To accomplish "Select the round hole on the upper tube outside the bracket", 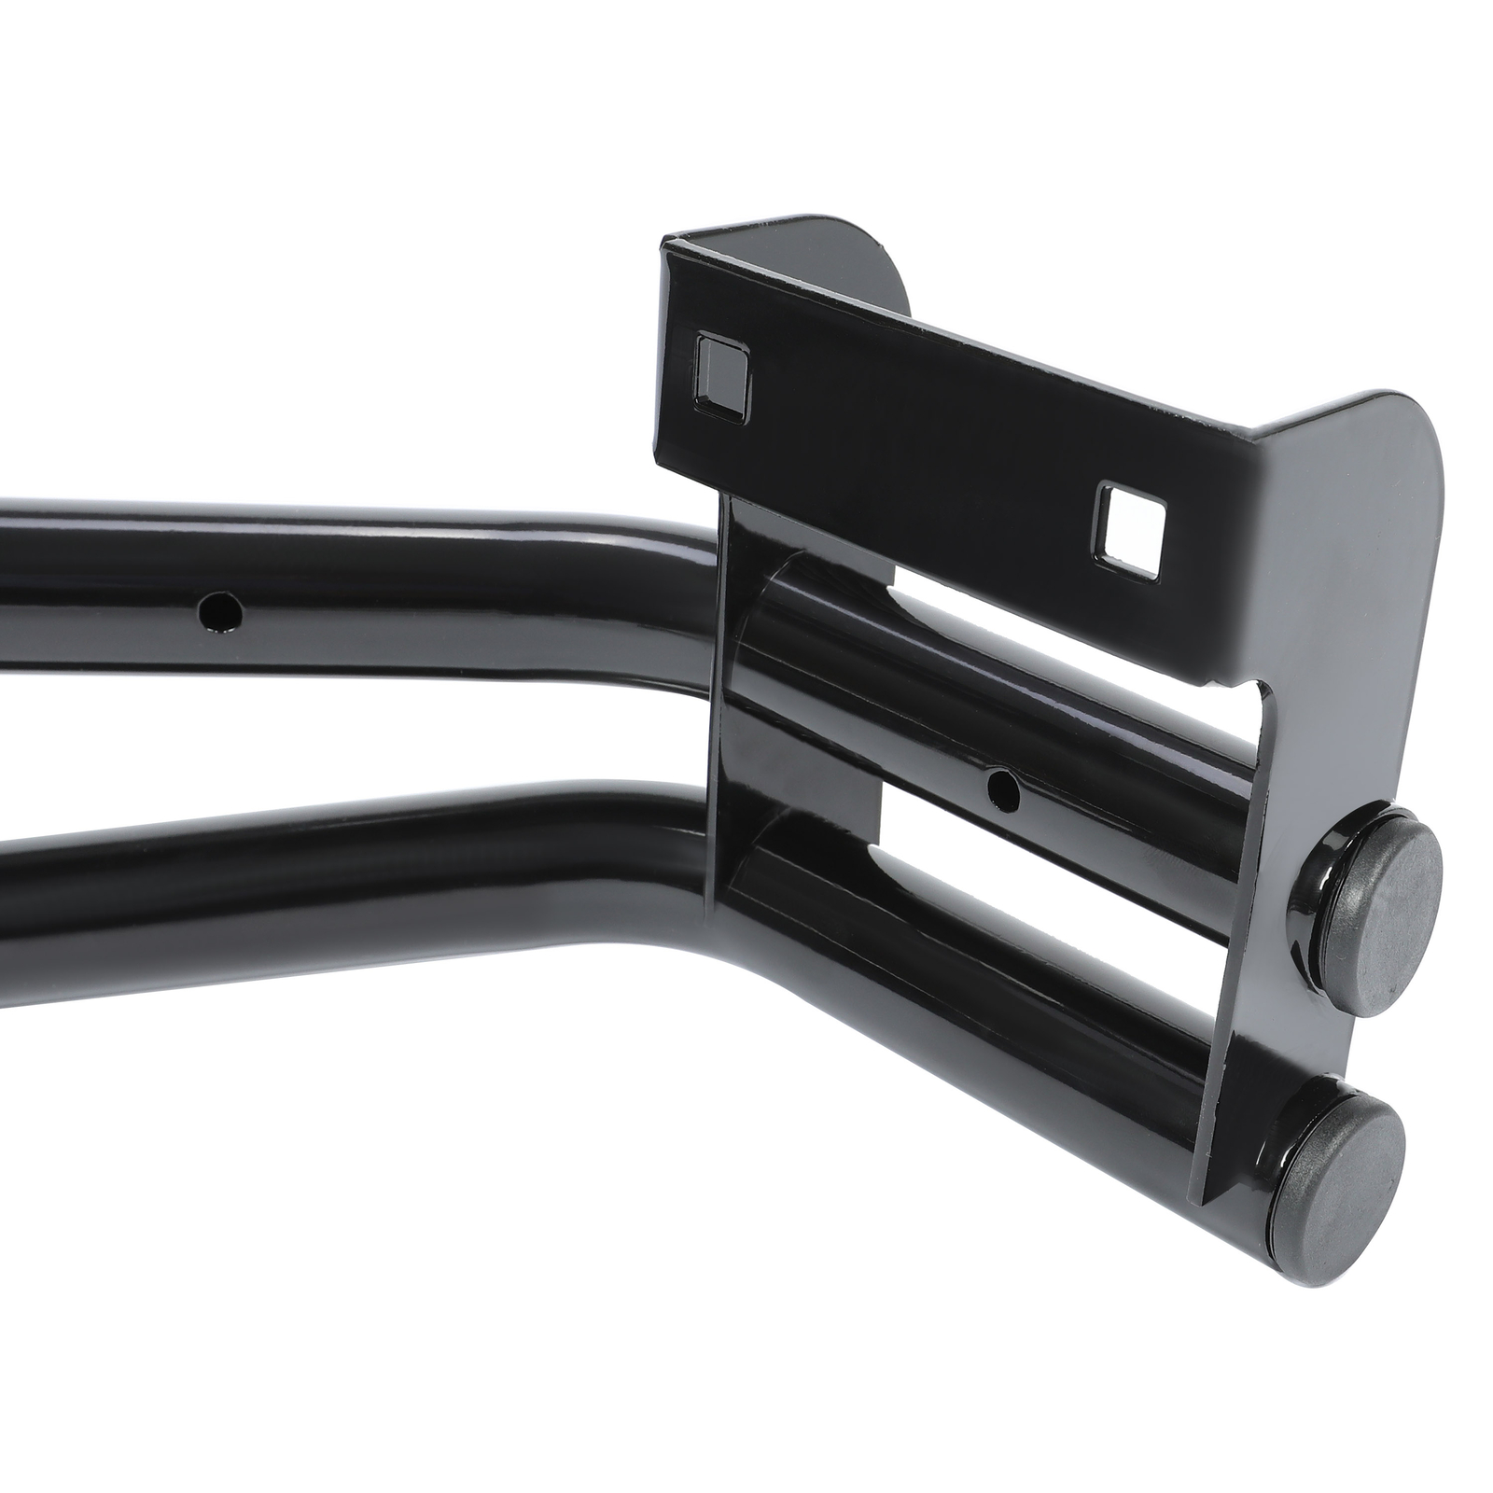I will click(x=220, y=613).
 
